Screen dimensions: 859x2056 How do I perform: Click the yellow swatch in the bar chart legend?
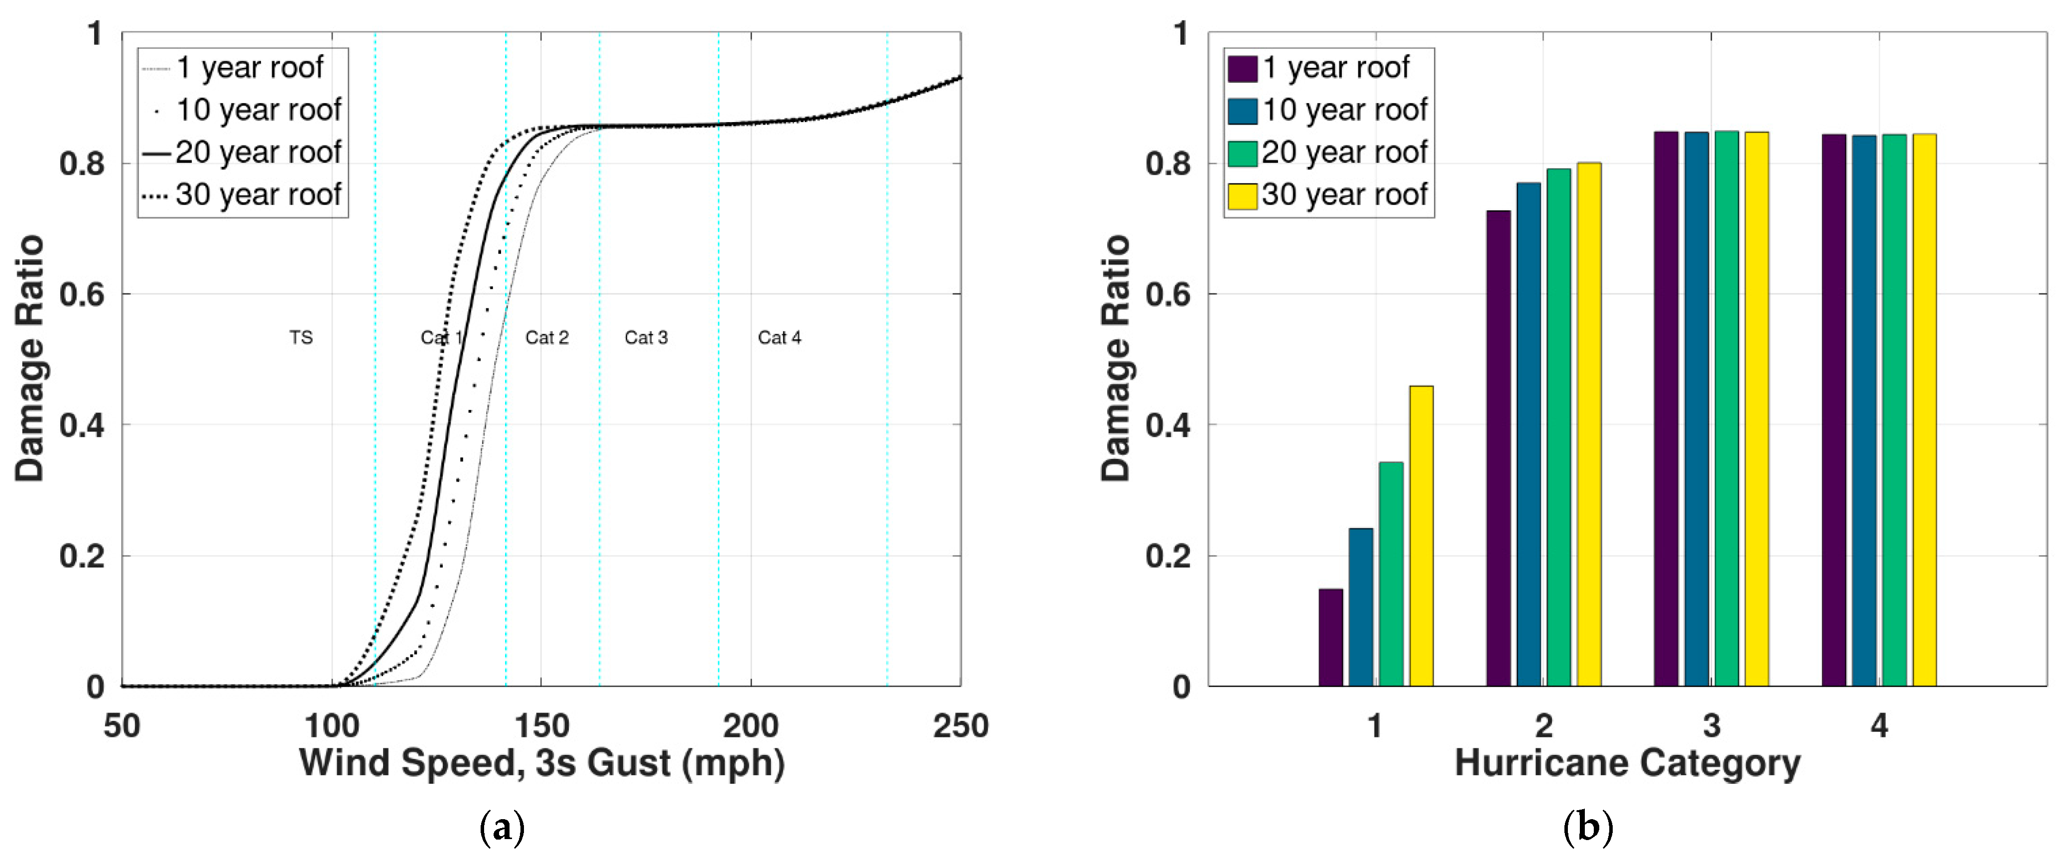click(1242, 195)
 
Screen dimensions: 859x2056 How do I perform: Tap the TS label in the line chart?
click(301, 338)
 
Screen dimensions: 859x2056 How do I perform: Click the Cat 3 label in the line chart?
click(645, 338)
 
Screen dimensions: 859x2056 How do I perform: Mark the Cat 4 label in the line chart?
click(779, 338)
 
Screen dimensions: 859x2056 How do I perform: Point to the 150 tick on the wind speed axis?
click(541, 725)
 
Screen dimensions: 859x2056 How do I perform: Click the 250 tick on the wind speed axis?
click(960, 725)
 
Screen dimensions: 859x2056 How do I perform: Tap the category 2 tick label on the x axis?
click(1543, 725)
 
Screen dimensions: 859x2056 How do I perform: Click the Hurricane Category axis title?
click(1627, 763)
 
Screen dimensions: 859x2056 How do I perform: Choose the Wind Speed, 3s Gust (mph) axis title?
click(541, 763)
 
